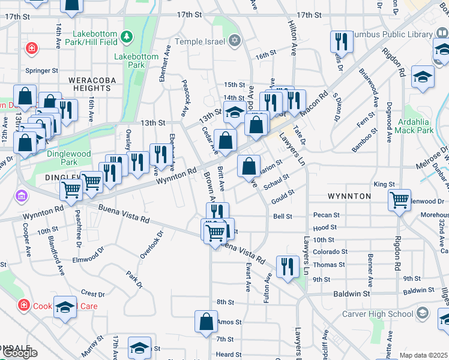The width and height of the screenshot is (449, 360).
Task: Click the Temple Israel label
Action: tap(200, 41)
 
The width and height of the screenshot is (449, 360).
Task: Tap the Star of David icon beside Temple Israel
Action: tap(235, 41)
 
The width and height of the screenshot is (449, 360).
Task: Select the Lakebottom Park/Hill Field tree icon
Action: tap(127, 37)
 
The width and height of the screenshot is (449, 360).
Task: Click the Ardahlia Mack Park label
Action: tap(415, 125)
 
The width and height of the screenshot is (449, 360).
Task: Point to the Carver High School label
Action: tap(378, 314)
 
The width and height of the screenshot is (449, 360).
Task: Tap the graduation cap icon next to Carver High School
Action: tap(423, 313)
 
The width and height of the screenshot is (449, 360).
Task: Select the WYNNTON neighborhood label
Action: tap(349, 196)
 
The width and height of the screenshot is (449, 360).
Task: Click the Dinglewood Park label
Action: tap(69, 158)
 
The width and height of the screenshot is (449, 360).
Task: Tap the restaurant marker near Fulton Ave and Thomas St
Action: tap(288, 266)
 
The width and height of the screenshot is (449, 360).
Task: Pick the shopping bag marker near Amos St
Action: tap(206, 320)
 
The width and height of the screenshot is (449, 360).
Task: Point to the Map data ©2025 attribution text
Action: tap(424, 355)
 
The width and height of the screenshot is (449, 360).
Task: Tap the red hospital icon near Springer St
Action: tap(30, 48)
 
